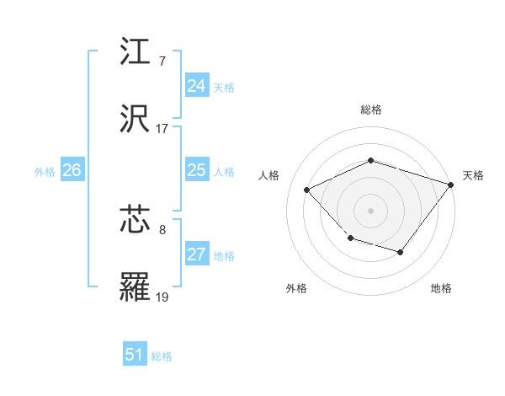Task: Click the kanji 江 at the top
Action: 136,52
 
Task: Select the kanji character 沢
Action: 136,120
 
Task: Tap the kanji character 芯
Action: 136,220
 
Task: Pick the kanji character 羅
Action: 136,287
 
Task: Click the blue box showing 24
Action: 196,86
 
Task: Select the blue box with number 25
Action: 196,170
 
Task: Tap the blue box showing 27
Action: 196,254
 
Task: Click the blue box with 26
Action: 72,170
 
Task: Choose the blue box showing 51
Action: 135,355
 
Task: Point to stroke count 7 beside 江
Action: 162,62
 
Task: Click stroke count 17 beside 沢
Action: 162,129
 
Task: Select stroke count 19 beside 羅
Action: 162,297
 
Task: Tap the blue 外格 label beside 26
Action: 45,171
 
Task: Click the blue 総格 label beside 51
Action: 162,356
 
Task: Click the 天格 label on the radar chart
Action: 473,175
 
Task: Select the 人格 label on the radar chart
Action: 269,175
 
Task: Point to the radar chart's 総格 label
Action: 371,110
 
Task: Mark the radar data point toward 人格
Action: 307,190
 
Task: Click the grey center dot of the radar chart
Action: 370,210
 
